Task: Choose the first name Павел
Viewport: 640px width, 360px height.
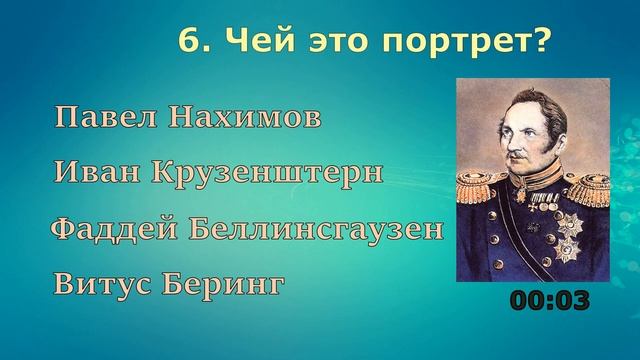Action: pos(103,118)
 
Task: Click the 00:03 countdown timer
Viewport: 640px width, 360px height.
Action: pos(551,299)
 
